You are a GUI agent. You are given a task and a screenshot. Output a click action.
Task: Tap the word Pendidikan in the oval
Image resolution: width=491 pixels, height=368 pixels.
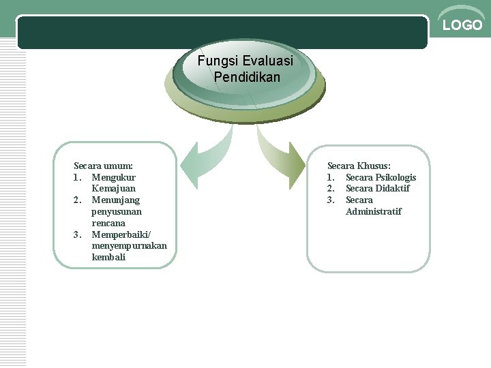[x=246, y=77]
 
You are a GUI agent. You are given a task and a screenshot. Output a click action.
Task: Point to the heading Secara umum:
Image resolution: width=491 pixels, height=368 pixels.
[x=103, y=166]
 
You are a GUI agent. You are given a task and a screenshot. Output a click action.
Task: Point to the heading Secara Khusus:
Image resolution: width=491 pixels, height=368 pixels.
[x=359, y=166]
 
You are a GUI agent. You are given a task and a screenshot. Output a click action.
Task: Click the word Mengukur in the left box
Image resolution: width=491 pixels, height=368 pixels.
[x=114, y=177]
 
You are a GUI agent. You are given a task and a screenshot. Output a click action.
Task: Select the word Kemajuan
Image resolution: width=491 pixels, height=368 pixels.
[x=114, y=188]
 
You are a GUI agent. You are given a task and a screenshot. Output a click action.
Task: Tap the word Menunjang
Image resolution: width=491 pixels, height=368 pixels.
[x=116, y=200]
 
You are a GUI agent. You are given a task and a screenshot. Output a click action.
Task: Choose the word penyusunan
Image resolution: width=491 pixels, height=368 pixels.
[x=117, y=211]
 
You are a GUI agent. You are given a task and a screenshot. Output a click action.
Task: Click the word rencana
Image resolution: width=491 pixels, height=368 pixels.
[x=109, y=223]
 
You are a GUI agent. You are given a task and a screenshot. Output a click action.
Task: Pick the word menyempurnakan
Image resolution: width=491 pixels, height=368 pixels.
[x=129, y=246]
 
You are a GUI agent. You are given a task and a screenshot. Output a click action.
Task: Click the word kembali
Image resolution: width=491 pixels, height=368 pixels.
[x=108, y=257]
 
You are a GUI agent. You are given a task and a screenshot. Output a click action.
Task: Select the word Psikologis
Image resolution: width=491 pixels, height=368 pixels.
[x=393, y=177]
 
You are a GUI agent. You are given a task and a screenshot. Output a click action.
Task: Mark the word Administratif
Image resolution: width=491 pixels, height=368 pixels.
[x=374, y=211]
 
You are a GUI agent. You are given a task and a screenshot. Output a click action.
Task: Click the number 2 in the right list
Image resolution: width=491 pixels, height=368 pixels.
[x=331, y=188]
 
